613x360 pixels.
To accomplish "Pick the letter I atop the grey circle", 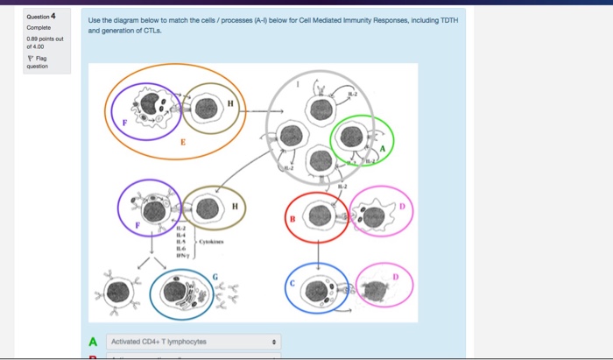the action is [x=299, y=85].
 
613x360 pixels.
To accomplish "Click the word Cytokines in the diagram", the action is [x=211, y=241].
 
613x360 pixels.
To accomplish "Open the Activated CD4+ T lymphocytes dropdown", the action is [x=194, y=342].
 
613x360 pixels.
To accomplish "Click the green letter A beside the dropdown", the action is [x=93, y=342].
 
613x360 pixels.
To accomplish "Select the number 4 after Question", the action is [x=53, y=16].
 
